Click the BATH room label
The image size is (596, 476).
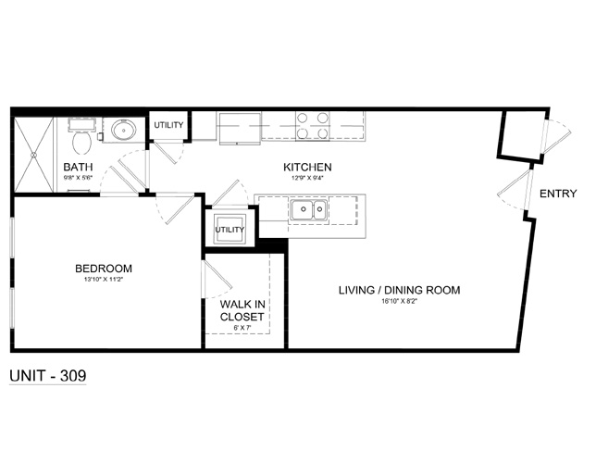click(78, 167)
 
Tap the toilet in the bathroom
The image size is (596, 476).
click(81, 137)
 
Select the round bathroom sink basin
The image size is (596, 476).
click(123, 131)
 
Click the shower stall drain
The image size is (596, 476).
click(33, 155)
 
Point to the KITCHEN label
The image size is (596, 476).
click(307, 167)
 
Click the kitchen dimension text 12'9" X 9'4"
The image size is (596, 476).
click(307, 177)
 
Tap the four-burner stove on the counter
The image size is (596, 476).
click(313, 126)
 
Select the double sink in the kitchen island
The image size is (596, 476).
click(309, 209)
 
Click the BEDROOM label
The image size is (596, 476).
click(104, 269)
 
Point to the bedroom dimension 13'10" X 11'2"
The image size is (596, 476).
click(105, 279)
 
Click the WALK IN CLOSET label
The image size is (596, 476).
click(242, 310)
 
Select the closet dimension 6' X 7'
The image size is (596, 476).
click(242, 328)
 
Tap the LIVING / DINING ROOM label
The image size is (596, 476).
click(400, 290)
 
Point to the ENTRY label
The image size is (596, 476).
click(558, 194)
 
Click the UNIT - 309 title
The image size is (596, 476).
click(48, 376)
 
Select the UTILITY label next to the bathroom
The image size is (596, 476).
click(168, 125)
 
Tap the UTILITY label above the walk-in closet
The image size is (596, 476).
click(230, 230)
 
